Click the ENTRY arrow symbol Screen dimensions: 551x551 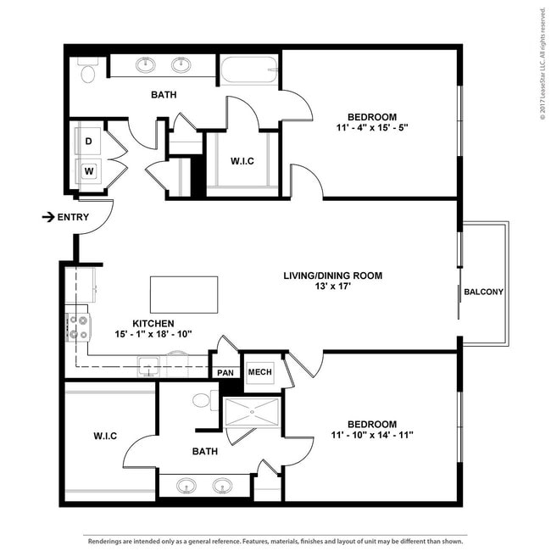coord(48,217)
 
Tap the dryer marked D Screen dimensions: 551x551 coord(88,141)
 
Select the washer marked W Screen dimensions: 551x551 coord(89,171)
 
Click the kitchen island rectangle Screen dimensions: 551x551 coord(184,294)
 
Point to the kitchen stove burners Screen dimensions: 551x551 coord(78,327)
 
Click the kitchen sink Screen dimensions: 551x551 coord(149,366)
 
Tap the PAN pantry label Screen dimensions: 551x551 coord(225,372)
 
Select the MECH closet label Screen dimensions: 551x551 coord(259,372)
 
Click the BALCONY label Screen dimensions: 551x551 coord(483,292)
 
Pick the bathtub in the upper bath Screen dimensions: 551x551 coord(249,70)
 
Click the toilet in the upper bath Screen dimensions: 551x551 coord(88,70)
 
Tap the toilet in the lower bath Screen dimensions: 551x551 coord(206,400)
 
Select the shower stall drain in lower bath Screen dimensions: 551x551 coord(252,412)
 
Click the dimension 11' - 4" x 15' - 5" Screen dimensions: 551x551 coord(372,127)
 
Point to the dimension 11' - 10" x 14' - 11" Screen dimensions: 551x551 coord(372,435)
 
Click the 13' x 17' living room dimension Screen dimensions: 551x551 coord(333,286)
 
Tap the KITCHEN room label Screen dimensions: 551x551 coord(153,323)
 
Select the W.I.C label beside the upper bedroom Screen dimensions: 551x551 coord(242,161)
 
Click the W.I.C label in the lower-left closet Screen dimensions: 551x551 coord(105,436)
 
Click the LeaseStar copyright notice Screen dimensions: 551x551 coord(543,64)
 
